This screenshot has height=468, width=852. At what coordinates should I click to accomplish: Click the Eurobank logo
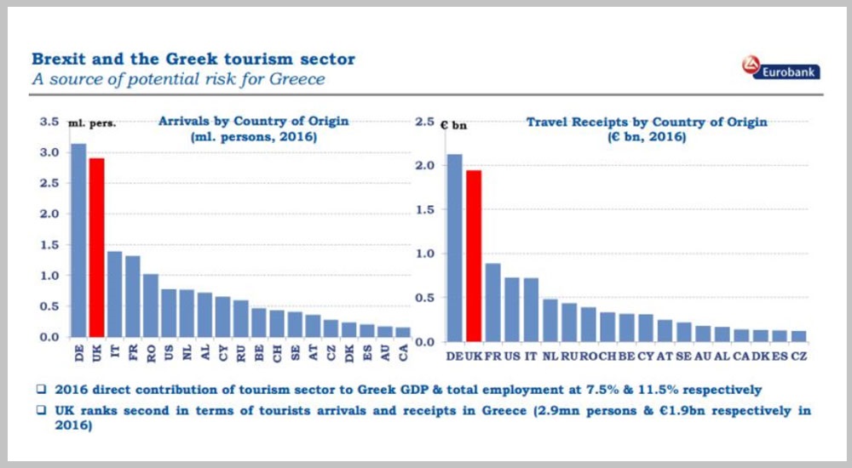pos(780,68)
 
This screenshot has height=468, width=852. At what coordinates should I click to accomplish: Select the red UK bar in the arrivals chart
pos(97,248)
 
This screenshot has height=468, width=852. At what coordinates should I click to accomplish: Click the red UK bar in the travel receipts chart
pos(474,256)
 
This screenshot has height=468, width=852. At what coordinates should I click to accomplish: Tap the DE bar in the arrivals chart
pos(78,241)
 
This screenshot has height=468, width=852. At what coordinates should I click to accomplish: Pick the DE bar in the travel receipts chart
pos(455,248)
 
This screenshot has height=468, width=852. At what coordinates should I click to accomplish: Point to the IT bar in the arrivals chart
pos(115,294)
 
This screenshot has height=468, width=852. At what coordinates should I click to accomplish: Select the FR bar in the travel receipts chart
pos(492,302)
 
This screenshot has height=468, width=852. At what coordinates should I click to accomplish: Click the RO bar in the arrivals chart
pos(151,305)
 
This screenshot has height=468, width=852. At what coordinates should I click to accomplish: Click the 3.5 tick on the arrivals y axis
pos(49,122)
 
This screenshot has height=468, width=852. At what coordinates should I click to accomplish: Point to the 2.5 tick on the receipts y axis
pos(425,122)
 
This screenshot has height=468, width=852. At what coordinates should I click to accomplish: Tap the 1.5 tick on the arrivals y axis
pos(49,245)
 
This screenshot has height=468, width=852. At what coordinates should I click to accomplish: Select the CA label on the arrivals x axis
pos(403,353)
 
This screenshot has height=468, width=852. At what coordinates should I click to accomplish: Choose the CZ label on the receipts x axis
pos(799,357)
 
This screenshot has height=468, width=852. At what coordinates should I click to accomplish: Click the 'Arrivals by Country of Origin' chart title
pos(253,121)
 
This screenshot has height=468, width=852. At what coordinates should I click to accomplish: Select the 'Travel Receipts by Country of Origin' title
pos(647,123)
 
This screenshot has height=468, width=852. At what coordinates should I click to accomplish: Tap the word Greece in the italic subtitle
pos(297,79)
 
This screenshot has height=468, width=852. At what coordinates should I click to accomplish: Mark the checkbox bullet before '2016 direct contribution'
pos(41,389)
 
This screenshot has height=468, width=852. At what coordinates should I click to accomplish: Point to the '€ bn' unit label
pos(453,126)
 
